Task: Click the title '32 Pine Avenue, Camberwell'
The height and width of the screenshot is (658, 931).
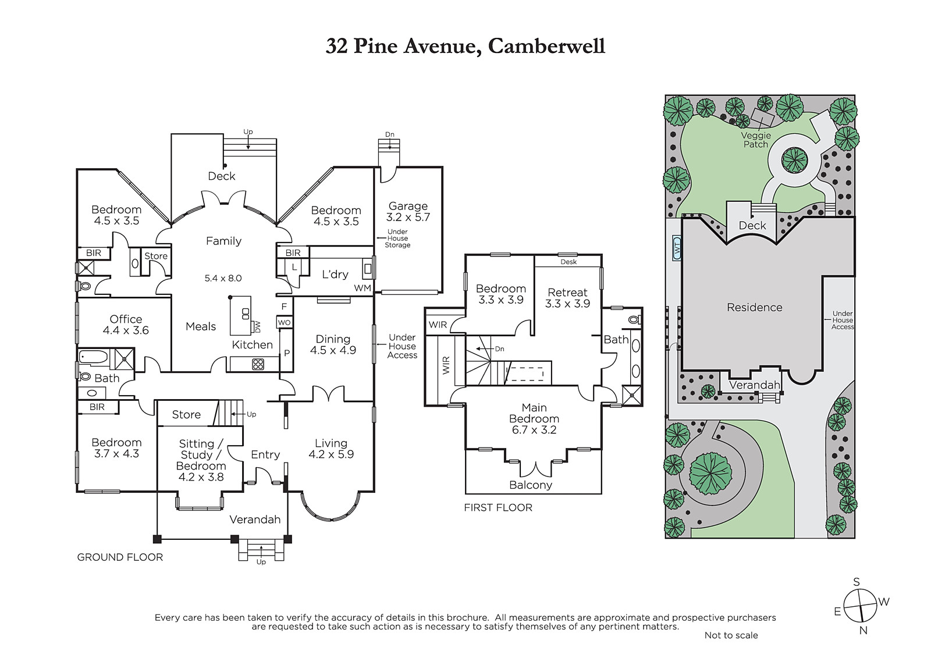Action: (x=465, y=46)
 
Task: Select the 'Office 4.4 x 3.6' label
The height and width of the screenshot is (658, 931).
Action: (x=126, y=325)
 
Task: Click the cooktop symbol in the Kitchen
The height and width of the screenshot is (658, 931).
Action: (x=258, y=365)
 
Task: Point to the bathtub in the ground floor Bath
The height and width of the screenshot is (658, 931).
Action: (x=94, y=357)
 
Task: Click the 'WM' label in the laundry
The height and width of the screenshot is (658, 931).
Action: (x=363, y=288)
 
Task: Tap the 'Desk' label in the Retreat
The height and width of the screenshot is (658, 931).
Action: (x=568, y=262)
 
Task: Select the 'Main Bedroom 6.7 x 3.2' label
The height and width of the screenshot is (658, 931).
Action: (x=534, y=418)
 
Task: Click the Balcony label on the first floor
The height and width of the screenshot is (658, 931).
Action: (x=531, y=485)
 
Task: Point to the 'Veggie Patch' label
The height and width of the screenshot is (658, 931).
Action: (x=756, y=140)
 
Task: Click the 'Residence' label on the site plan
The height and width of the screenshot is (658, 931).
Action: (x=754, y=307)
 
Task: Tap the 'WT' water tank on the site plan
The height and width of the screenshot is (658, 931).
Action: (x=677, y=248)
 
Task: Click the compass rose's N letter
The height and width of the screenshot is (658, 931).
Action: (x=864, y=631)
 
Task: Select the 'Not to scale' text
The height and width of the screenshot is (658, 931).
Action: (x=731, y=635)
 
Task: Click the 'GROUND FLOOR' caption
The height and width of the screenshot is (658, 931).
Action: (x=120, y=557)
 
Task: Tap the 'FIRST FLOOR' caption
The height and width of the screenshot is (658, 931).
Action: (x=498, y=507)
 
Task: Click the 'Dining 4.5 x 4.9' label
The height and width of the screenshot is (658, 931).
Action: (x=333, y=344)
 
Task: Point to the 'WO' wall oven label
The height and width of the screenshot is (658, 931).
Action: (x=285, y=322)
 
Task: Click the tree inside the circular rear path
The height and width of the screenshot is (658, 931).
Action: (x=794, y=160)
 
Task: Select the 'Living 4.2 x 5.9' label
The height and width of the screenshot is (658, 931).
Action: (x=331, y=449)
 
